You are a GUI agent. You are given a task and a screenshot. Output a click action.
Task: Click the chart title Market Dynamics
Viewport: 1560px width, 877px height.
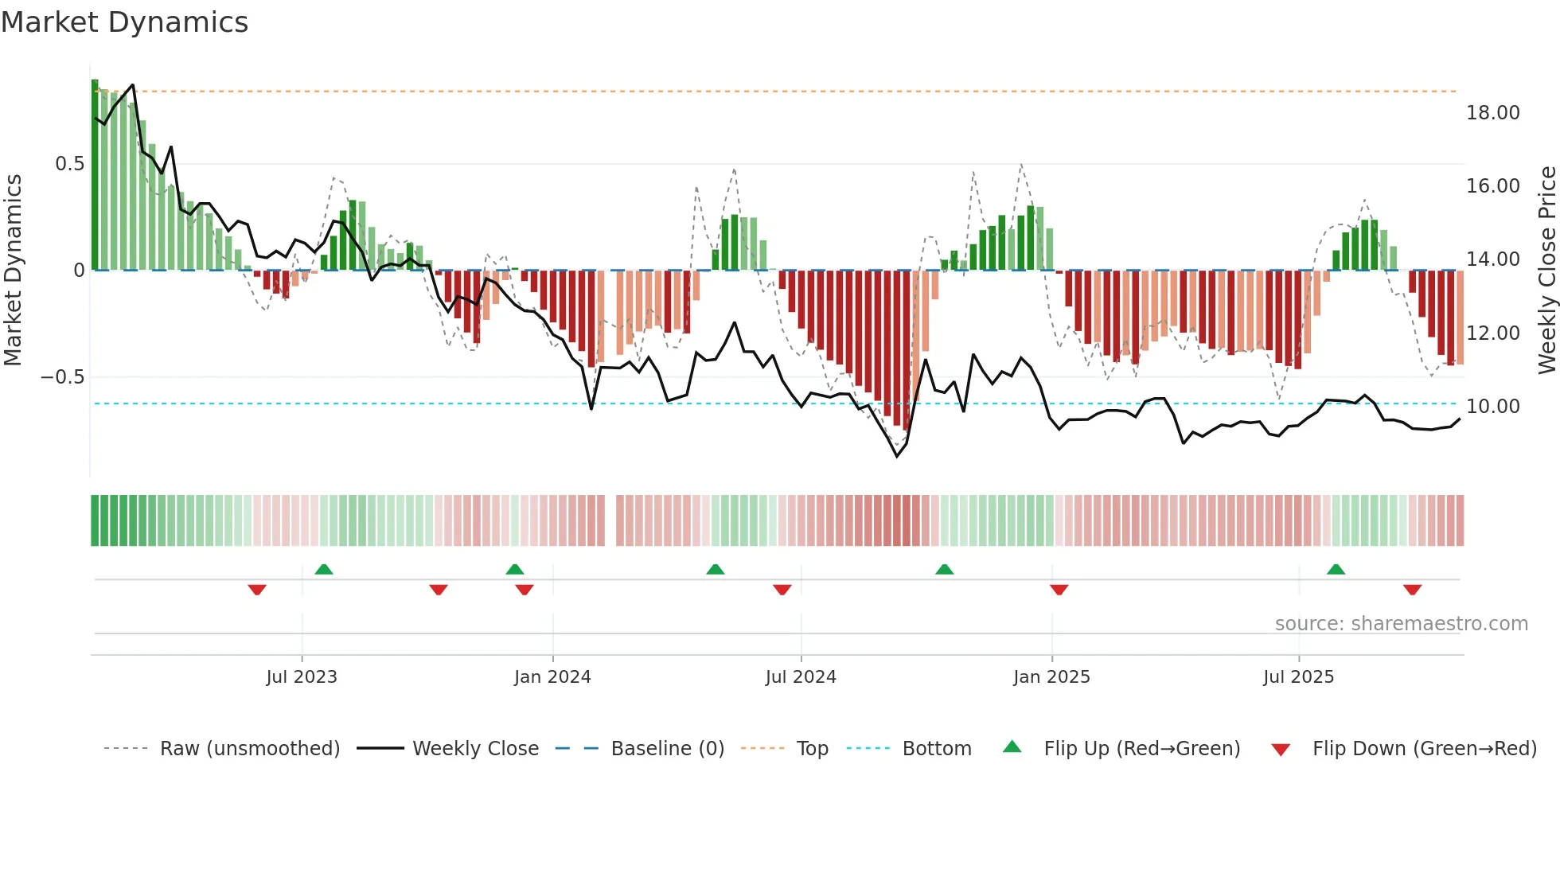pos(125,22)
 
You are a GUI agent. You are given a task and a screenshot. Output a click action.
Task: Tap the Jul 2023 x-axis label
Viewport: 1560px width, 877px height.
pos(302,677)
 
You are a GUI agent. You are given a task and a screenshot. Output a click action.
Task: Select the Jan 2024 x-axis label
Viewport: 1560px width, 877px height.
pos(552,677)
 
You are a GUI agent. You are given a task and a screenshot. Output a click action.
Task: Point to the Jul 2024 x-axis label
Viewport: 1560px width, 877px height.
pos(801,677)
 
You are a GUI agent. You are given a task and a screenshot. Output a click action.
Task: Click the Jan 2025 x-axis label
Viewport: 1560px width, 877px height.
pos(1051,677)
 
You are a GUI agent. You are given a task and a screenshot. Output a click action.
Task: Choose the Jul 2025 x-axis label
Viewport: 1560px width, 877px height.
pos(1298,677)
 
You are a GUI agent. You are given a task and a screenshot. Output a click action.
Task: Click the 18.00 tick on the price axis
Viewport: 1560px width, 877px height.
pos(1492,113)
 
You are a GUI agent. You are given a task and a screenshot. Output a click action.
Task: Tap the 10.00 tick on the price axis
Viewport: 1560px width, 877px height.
pos(1492,407)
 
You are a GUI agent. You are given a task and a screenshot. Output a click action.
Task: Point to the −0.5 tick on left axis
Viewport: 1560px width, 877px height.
pos(63,377)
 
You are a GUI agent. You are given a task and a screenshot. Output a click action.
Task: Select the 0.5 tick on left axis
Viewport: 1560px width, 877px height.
pos(69,164)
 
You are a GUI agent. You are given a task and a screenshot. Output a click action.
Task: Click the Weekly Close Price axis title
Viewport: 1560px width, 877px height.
pos(1546,271)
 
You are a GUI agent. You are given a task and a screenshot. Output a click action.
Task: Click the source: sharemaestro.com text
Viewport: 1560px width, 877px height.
pos(1401,624)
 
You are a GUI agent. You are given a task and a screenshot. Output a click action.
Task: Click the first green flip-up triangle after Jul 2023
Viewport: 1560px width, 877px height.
pos(323,570)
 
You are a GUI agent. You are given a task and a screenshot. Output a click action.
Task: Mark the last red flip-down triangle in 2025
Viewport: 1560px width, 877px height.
pos(1412,590)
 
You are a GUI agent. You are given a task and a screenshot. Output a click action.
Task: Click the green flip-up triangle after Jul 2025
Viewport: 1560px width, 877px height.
pos(1336,570)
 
